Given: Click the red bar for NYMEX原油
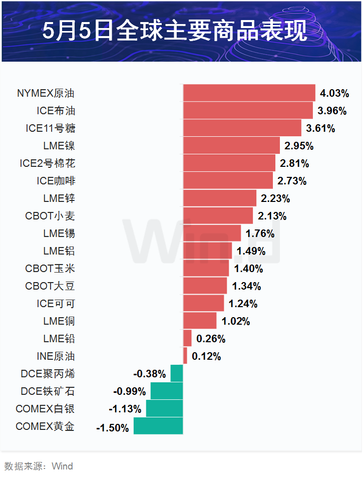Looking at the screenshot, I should coord(249,93).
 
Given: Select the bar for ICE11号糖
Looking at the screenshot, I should coord(242,128).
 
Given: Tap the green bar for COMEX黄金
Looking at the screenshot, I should coord(158,426).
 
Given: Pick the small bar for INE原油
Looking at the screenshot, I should coord(185,356).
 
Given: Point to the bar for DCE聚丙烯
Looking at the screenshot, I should coord(177,374).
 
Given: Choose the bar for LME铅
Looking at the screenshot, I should coord(187,339).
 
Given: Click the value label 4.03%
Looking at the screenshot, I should coord(334,93).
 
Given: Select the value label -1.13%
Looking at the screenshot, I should coord(125,409).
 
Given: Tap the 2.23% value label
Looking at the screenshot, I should coord(275,198).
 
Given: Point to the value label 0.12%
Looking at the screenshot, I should coord(206,356).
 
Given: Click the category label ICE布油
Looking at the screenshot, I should coord(56,111).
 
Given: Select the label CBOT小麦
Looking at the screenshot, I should coord(50,216).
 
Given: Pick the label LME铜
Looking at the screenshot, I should coord(59,321).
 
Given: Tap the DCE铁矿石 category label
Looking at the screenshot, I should coord(48,391).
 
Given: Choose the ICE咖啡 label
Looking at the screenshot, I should coord(56,181).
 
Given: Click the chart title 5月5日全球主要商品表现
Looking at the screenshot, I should coord(181,31).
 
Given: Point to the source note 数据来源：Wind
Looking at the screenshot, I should coord(39,466).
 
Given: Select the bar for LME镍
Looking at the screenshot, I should coord(231,146).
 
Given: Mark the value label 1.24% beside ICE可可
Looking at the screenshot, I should coord(243,304).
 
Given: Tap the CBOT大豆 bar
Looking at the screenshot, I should coord(205,286).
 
